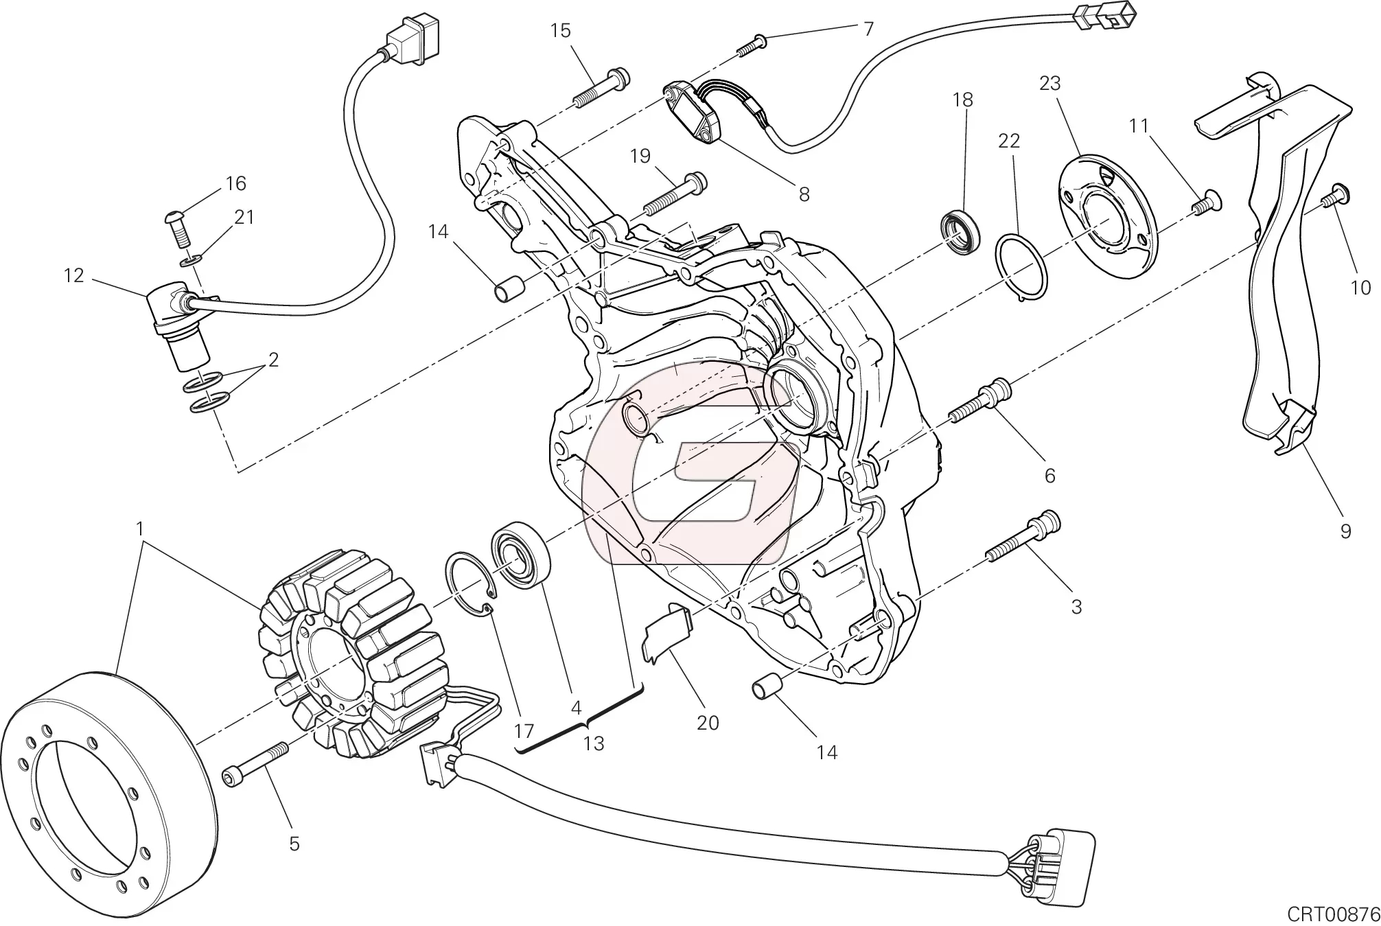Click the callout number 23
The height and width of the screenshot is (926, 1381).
pos(1050,84)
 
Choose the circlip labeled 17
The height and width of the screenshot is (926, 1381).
pos(469,584)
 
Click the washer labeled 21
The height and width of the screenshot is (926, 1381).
pos(192,260)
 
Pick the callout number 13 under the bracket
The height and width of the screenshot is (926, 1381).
pos(594,743)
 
